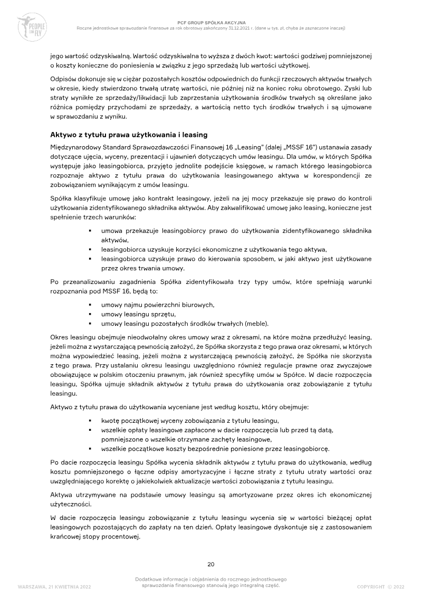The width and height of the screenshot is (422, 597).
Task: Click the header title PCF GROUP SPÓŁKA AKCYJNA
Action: tap(211, 23)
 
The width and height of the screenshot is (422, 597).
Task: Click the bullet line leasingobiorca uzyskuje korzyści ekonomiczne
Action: tap(214, 250)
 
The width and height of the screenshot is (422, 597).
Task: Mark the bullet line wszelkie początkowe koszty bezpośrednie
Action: tap(215, 449)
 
